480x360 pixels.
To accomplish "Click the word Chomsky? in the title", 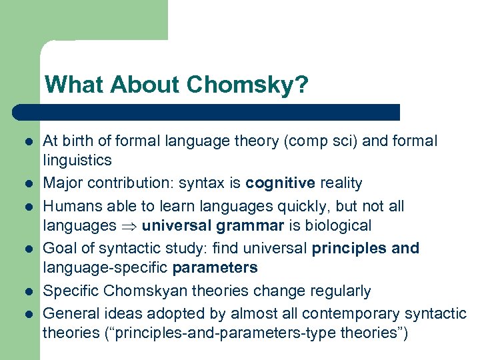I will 248,85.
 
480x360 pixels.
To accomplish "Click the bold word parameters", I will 215,269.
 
